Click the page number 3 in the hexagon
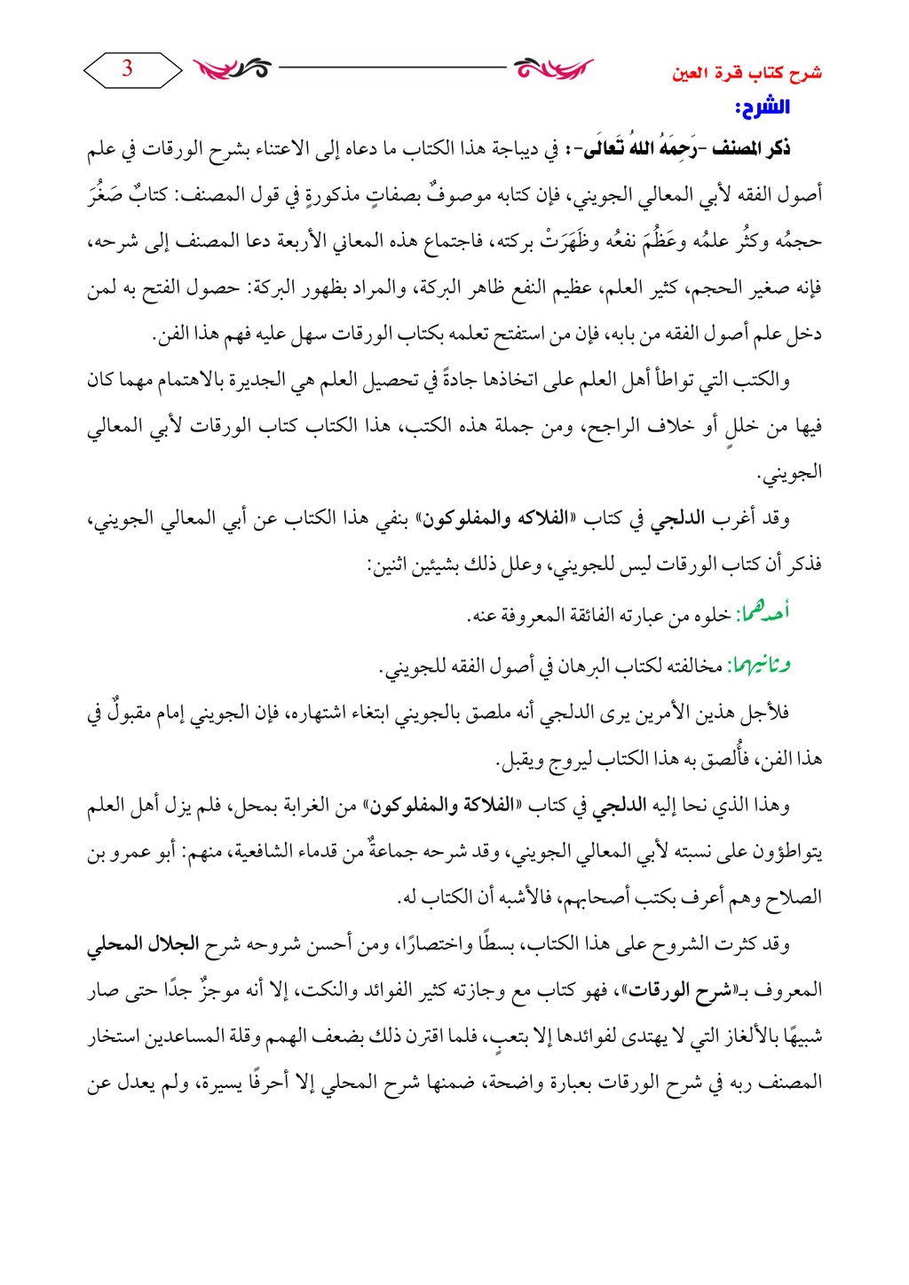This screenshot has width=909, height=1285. pos(127,68)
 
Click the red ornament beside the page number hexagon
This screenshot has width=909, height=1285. pos(233,67)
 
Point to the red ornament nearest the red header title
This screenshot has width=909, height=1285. pos(553,67)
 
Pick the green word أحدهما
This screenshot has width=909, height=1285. pos(768,613)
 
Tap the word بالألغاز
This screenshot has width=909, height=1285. pos(744,1037)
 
